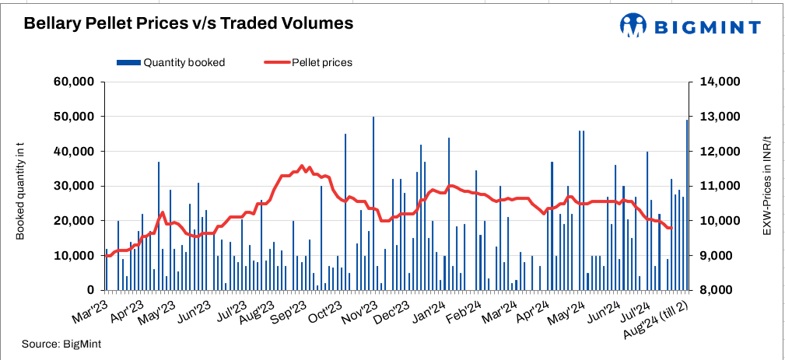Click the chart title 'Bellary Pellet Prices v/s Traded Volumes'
(189, 24)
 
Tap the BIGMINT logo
(690, 26)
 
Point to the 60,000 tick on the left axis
(73, 82)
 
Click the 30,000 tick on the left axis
(73, 186)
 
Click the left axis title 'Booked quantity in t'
(20, 185)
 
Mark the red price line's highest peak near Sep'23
(301, 166)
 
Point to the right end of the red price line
(671, 228)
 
